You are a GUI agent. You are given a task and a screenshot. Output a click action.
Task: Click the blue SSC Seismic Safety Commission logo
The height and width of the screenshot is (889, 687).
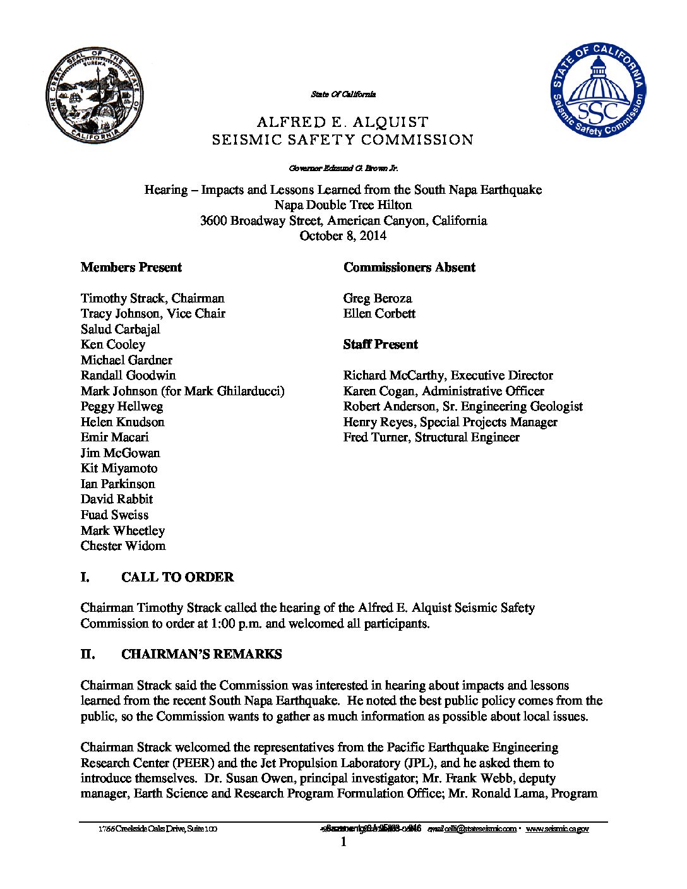click(598, 91)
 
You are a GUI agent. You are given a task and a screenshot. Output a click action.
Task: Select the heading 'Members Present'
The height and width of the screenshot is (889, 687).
click(131, 267)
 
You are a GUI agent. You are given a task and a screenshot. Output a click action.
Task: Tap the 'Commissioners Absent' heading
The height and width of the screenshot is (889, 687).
click(409, 267)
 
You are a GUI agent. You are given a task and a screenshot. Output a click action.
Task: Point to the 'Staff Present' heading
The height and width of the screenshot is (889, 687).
click(380, 344)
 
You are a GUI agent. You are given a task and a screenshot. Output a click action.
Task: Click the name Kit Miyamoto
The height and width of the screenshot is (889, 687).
click(119, 468)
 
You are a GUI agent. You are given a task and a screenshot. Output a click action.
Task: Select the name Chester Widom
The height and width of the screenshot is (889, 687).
click(123, 546)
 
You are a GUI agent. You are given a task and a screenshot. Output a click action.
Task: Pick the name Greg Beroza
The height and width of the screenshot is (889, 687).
click(378, 298)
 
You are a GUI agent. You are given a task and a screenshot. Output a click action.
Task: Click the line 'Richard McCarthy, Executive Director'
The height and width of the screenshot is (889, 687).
click(448, 375)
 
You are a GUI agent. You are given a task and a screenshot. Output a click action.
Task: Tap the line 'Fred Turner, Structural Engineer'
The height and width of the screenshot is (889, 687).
click(431, 437)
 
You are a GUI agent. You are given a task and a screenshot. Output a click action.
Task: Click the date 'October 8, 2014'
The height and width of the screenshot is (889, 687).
click(343, 236)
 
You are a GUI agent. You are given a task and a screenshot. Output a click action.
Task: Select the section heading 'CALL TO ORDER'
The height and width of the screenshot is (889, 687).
click(177, 577)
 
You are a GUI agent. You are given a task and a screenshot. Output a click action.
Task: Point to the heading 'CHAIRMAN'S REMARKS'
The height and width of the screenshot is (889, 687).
click(201, 654)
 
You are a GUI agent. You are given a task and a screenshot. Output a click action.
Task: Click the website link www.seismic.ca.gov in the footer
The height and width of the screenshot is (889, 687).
click(557, 828)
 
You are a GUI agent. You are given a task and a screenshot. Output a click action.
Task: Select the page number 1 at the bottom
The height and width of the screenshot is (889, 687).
click(343, 842)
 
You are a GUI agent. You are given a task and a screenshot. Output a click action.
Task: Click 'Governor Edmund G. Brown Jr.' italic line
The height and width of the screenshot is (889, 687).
click(343, 168)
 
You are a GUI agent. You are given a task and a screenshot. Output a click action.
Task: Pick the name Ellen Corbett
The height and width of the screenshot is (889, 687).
click(379, 313)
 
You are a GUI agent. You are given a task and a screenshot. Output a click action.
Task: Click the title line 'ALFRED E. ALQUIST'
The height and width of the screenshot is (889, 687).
click(343, 122)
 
